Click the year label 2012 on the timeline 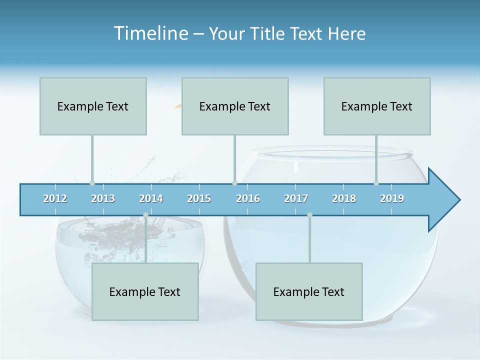pyautogui.click(x=55, y=198)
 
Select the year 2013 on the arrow pyautogui.click(x=103, y=198)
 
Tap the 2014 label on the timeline pyautogui.click(x=151, y=198)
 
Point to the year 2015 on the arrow pyautogui.click(x=199, y=198)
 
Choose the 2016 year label pyautogui.click(x=248, y=198)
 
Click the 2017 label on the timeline pyautogui.click(x=296, y=198)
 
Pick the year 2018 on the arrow pyautogui.click(x=344, y=198)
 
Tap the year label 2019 pyautogui.click(x=392, y=198)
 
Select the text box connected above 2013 pyautogui.click(x=93, y=106)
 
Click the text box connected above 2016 pyautogui.click(x=235, y=106)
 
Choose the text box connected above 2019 pyautogui.click(x=377, y=106)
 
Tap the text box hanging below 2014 pyautogui.click(x=145, y=291)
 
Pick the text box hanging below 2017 pyautogui.click(x=309, y=291)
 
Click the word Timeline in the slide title pyautogui.click(x=150, y=33)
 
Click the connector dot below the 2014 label pyautogui.click(x=145, y=215)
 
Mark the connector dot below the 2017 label pyautogui.click(x=309, y=215)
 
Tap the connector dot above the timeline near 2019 pyautogui.click(x=376, y=183)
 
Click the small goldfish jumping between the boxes pyautogui.click(x=177, y=105)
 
